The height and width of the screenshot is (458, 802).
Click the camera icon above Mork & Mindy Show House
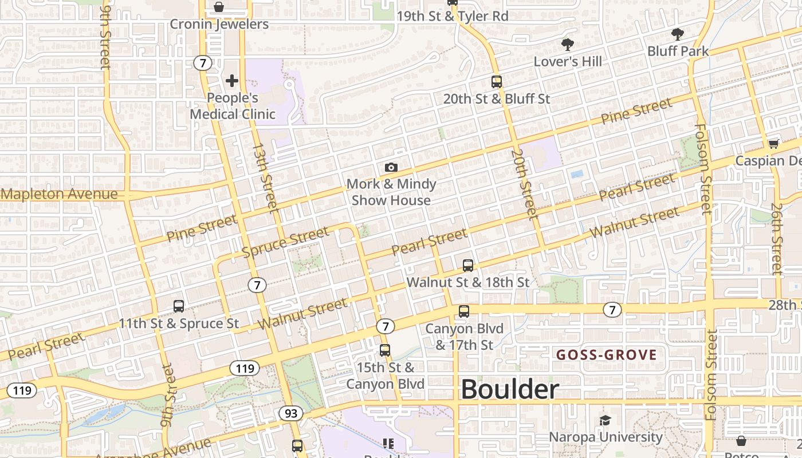coord(391,167)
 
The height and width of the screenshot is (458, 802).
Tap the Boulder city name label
coord(510,390)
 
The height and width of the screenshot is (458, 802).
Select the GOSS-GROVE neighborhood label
coord(607,355)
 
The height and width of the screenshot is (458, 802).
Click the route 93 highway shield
coord(290,413)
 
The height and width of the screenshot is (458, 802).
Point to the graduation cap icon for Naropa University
coord(606,421)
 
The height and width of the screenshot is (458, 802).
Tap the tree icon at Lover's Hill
coord(568,44)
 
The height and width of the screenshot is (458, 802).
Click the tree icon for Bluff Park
coord(678,34)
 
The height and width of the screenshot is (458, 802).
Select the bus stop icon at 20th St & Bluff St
coord(496,82)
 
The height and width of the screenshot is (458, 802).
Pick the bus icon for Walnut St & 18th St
coord(468,265)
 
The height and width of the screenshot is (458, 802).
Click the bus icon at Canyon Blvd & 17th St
coord(464,311)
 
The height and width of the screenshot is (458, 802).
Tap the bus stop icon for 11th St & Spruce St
coord(179,306)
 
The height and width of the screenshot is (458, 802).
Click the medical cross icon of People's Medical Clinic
coord(232,81)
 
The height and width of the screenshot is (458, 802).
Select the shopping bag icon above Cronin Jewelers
coord(219,7)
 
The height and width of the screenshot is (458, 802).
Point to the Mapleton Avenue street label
coord(59,194)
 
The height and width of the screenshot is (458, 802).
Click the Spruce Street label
coord(285,242)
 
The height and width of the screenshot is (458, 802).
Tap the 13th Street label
coord(265,177)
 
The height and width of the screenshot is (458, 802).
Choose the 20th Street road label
coord(524,184)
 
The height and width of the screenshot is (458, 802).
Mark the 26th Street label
coord(776,239)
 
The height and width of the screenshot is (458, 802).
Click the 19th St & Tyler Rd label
coord(453,16)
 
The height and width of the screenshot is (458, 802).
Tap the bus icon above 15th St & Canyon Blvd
coord(385,350)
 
